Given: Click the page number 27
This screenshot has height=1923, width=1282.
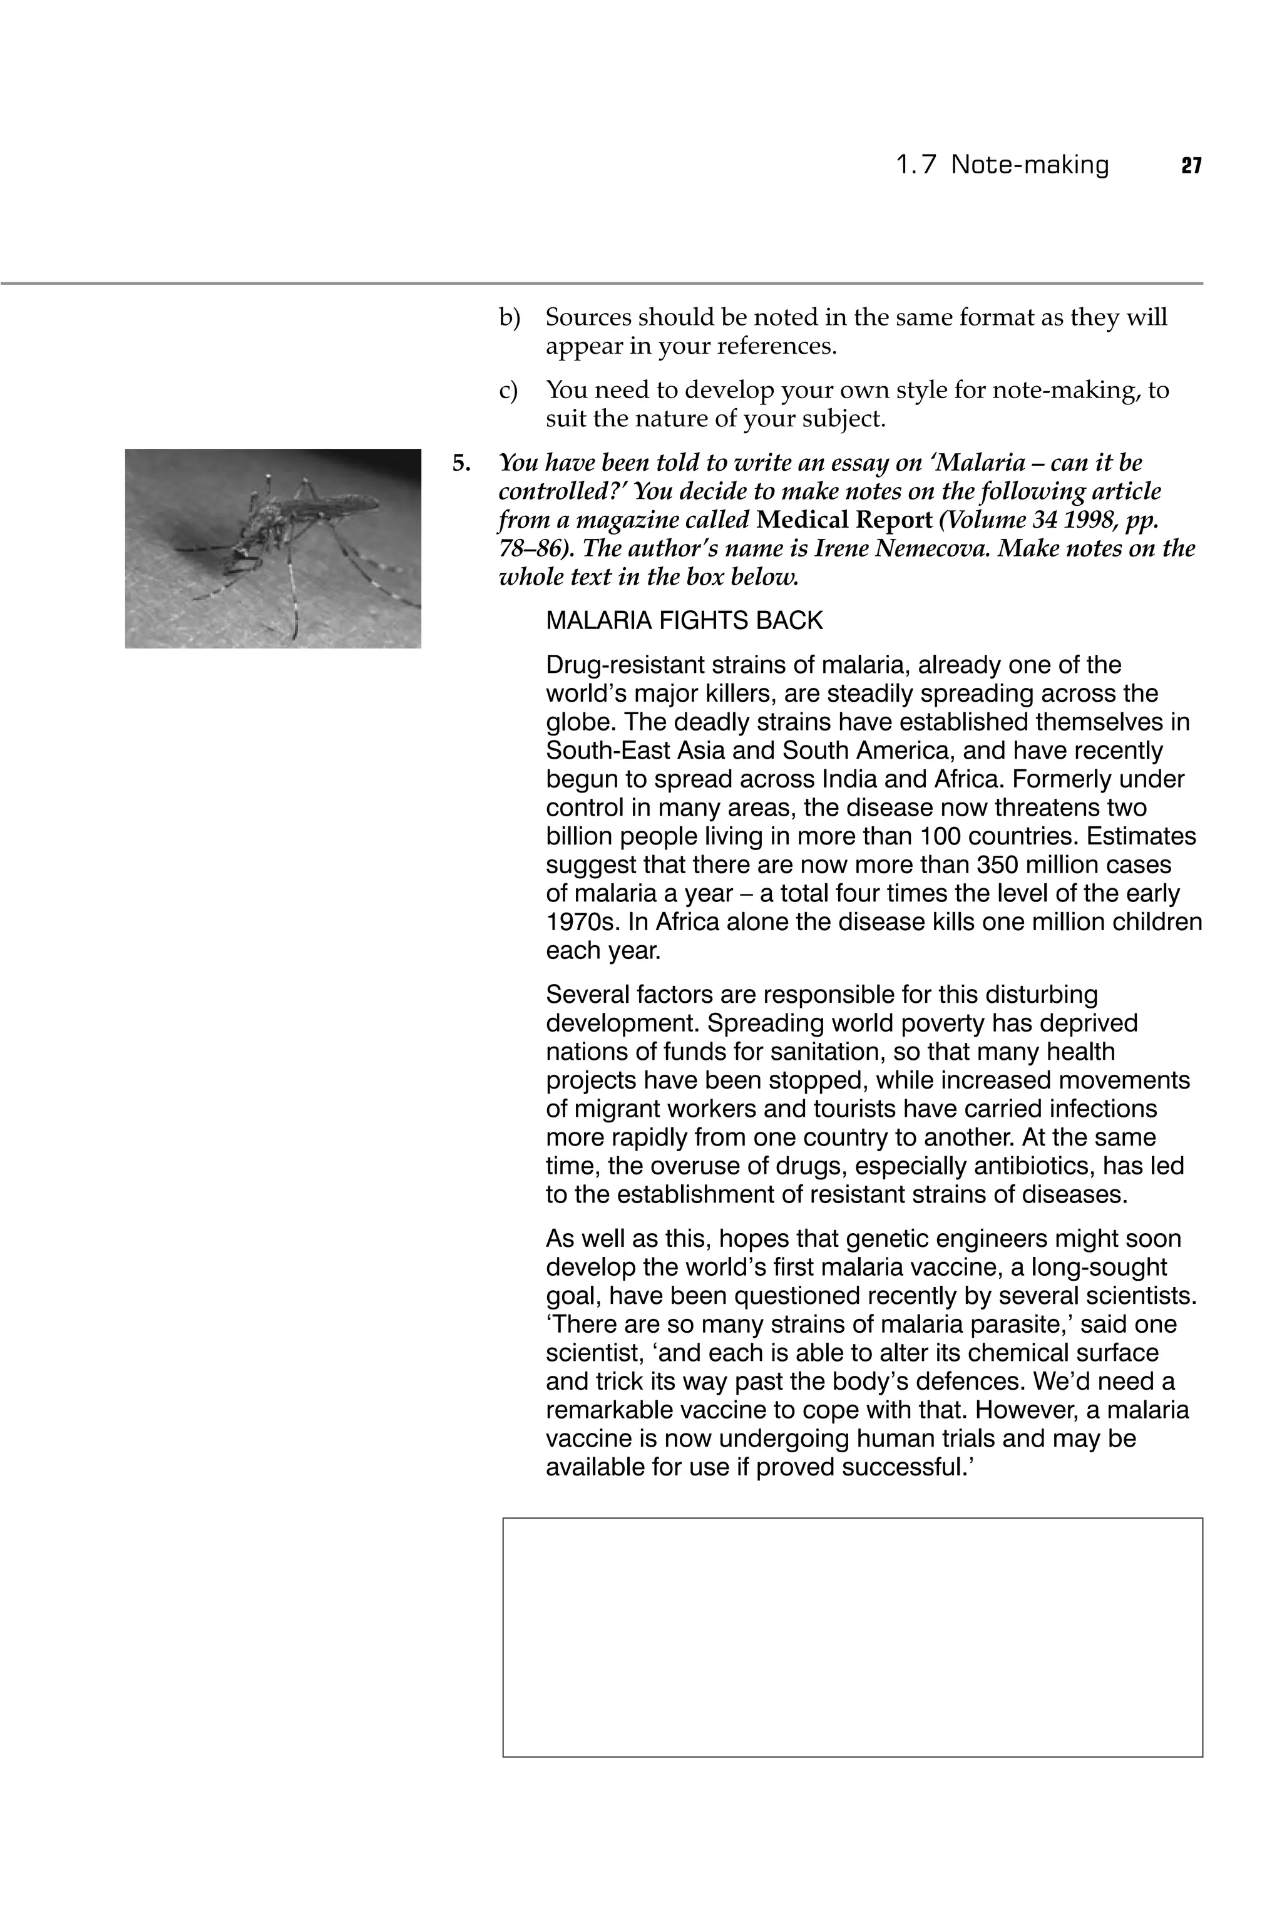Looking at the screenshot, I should (1191, 166).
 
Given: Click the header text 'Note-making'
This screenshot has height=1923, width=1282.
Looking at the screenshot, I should (1029, 165).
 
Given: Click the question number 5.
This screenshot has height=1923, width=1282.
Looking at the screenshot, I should (462, 464).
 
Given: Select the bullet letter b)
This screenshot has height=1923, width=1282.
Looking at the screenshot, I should (510, 317).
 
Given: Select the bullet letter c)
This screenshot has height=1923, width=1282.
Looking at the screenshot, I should (508, 390).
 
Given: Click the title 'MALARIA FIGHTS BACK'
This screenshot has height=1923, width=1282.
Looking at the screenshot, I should (684, 622).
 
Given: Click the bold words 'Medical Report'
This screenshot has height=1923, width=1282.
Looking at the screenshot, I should (844, 520).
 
